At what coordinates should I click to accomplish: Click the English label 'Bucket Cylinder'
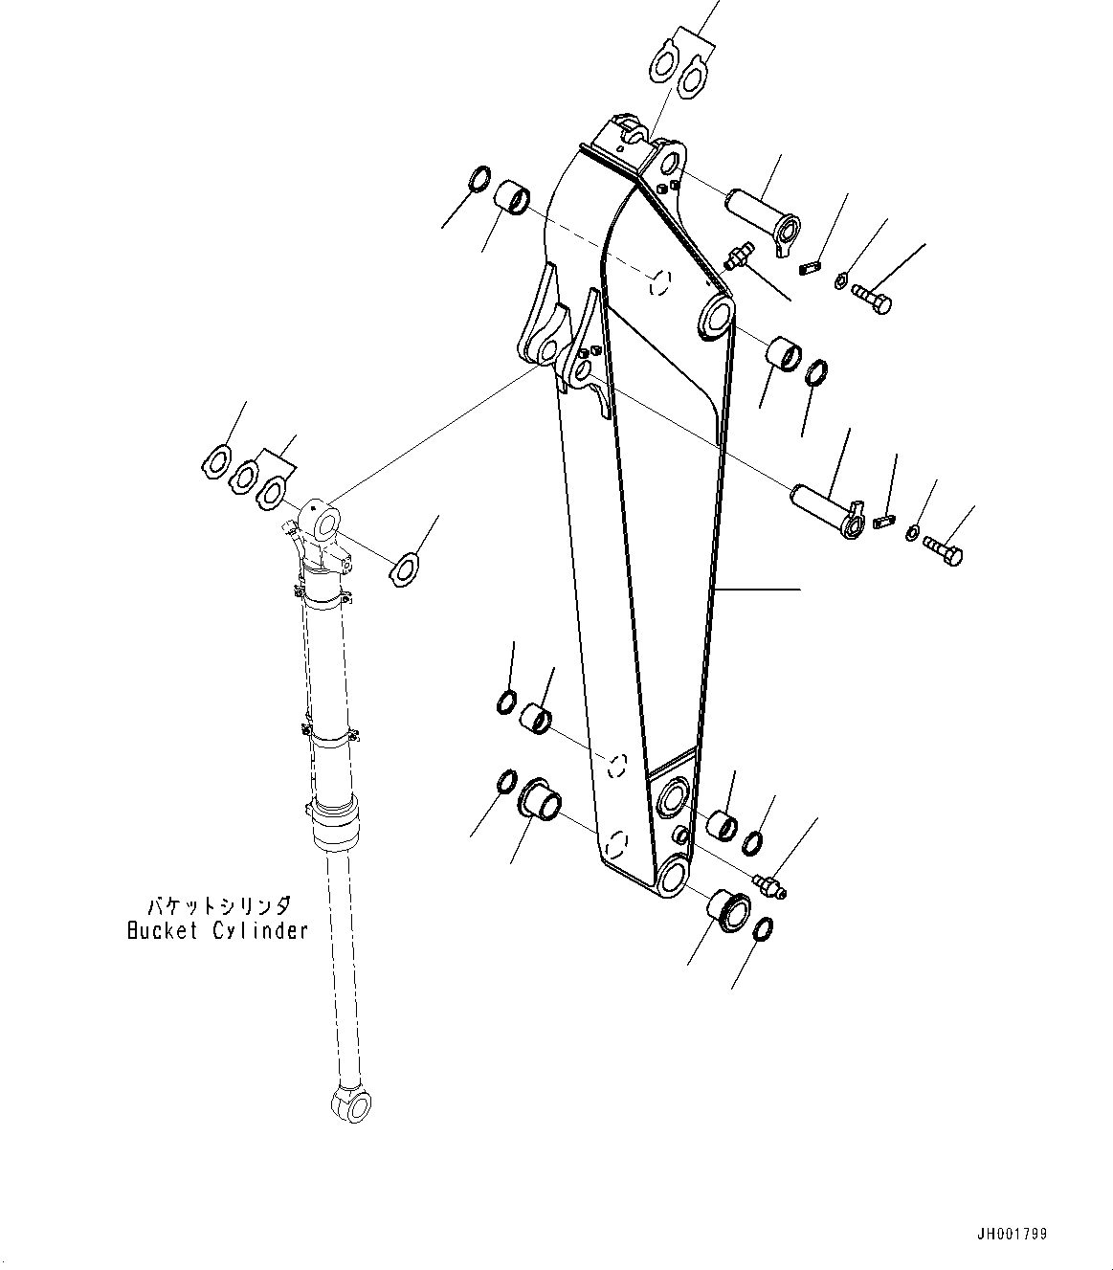pyautogui.click(x=218, y=929)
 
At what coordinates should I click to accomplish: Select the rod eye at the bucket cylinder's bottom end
pyautogui.click(x=350, y=1103)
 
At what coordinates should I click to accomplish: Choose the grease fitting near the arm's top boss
pyautogui.click(x=739, y=256)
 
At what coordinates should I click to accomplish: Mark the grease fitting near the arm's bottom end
pyautogui.click(x=769, y=885)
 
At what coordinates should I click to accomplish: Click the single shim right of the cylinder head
pyautogui.click(x=408, y=567)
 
